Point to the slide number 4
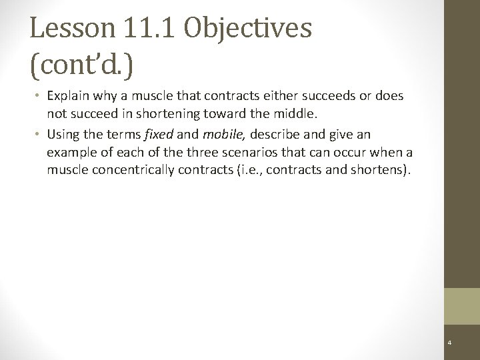(449, 343)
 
